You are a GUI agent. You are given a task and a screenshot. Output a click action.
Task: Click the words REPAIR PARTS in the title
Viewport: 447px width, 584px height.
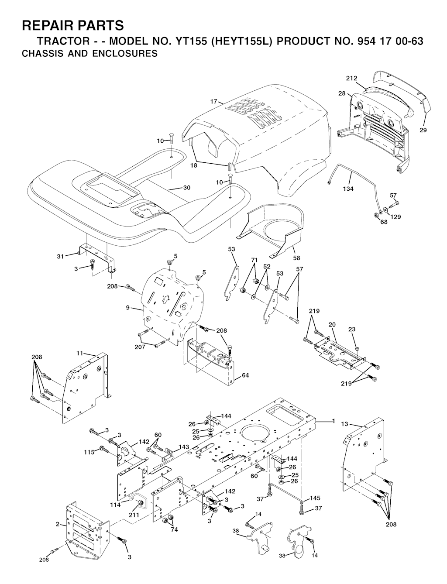point(72,26)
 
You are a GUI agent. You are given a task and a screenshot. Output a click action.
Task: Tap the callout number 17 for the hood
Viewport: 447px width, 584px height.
point(213,102)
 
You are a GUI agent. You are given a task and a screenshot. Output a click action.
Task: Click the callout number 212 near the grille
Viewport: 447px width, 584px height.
point(352,78)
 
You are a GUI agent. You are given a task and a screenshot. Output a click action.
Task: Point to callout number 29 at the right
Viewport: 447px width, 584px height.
point(423,130)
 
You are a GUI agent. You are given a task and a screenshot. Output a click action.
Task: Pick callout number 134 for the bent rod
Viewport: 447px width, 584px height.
point(348,189)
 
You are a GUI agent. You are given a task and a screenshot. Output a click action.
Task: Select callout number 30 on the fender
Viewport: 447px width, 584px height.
point(187,188)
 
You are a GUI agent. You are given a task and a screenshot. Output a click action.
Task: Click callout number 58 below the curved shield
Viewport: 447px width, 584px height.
point(296,258)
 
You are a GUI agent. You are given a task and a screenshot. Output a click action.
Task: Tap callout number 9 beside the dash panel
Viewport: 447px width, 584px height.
point(128,308)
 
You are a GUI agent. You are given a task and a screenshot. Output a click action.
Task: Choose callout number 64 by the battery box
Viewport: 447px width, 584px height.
point(245,375)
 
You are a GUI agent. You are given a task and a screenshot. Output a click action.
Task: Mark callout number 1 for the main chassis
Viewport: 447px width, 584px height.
point(334,421)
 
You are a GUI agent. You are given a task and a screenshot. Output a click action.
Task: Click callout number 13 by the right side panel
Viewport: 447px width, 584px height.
point(344,424)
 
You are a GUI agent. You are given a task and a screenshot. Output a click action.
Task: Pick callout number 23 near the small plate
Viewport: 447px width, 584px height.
point(352,330)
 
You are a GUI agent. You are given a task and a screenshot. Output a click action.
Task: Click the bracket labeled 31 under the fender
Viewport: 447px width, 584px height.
point(96,255)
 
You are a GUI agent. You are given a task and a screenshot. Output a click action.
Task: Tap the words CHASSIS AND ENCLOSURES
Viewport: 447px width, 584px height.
point(89,54)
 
